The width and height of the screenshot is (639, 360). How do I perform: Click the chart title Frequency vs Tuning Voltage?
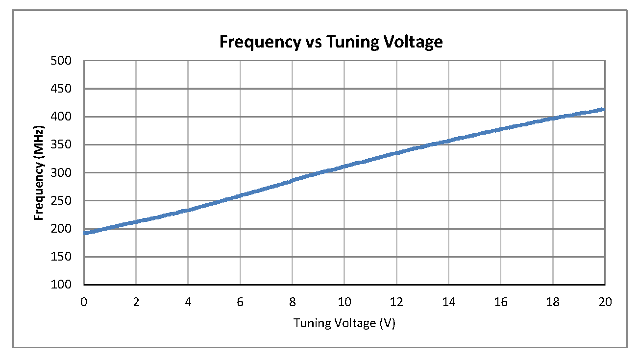point(331,42)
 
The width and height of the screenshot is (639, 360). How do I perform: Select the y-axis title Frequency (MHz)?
point(39,173)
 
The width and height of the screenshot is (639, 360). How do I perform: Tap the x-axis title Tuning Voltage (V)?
point(344,323)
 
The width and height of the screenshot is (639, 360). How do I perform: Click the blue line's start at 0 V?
point(85,233)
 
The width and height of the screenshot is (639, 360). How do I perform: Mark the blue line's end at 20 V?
point(604,109)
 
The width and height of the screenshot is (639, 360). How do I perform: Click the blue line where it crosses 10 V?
point(344,167)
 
